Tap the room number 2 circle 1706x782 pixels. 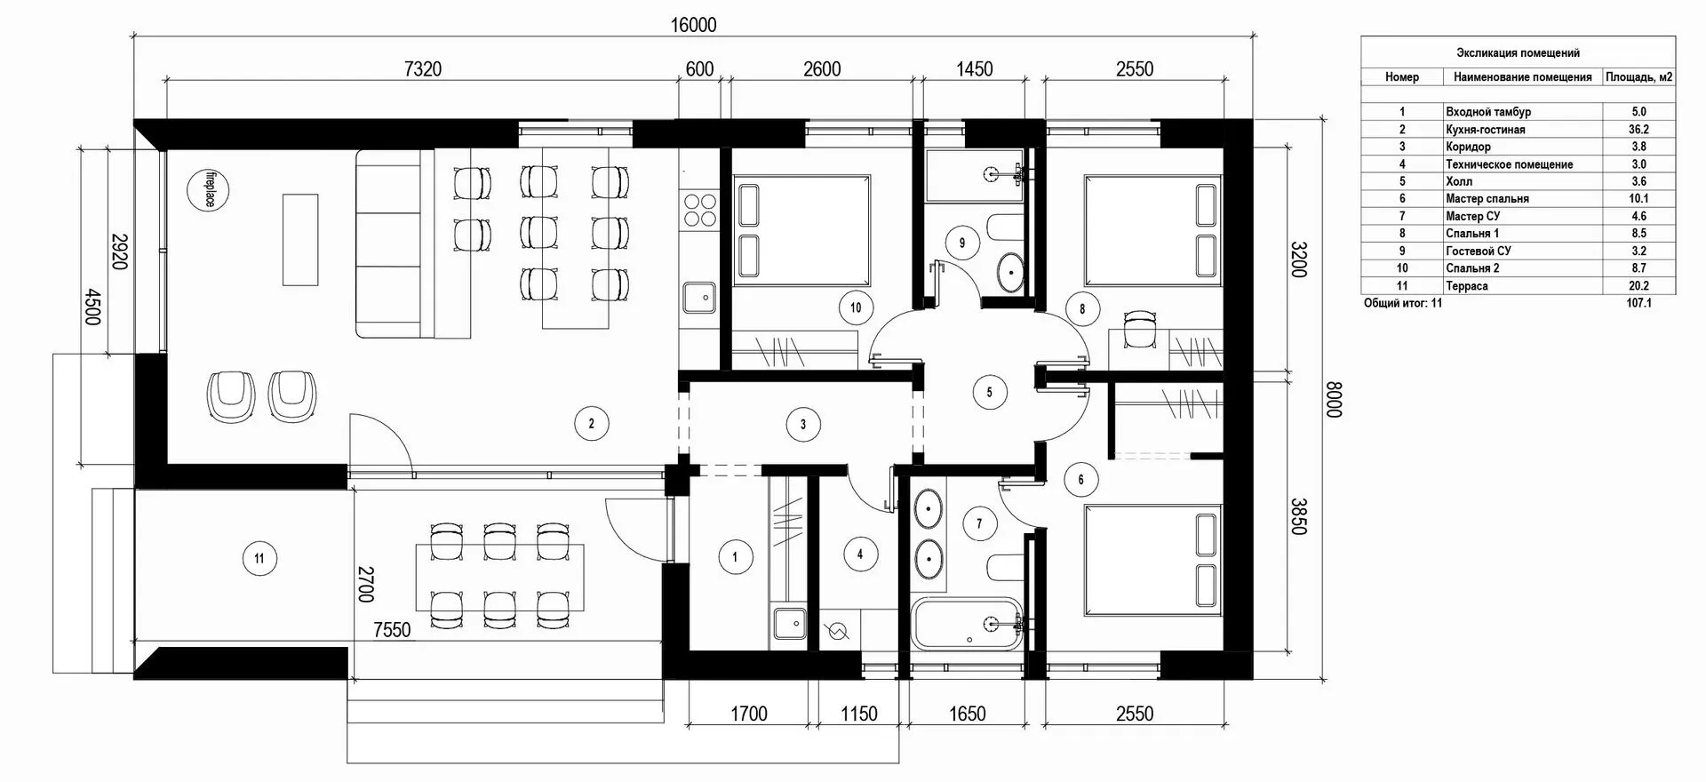591,424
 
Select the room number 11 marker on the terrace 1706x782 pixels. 259,559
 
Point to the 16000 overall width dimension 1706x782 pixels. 693,25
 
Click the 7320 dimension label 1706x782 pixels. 423,69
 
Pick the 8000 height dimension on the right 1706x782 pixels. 1333,399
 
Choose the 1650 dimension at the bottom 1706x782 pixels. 967,714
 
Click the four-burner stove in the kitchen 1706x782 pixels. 698,210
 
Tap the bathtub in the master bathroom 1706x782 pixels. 968,625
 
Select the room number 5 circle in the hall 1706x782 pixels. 990,392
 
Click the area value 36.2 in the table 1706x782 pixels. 1638,130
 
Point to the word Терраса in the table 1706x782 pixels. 1466,286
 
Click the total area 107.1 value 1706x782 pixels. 1638,304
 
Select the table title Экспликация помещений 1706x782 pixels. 1518,53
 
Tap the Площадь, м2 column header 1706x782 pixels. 1638,77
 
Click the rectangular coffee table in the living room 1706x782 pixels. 300,239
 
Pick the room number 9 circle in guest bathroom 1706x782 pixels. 961,241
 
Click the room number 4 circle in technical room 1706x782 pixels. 859,555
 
